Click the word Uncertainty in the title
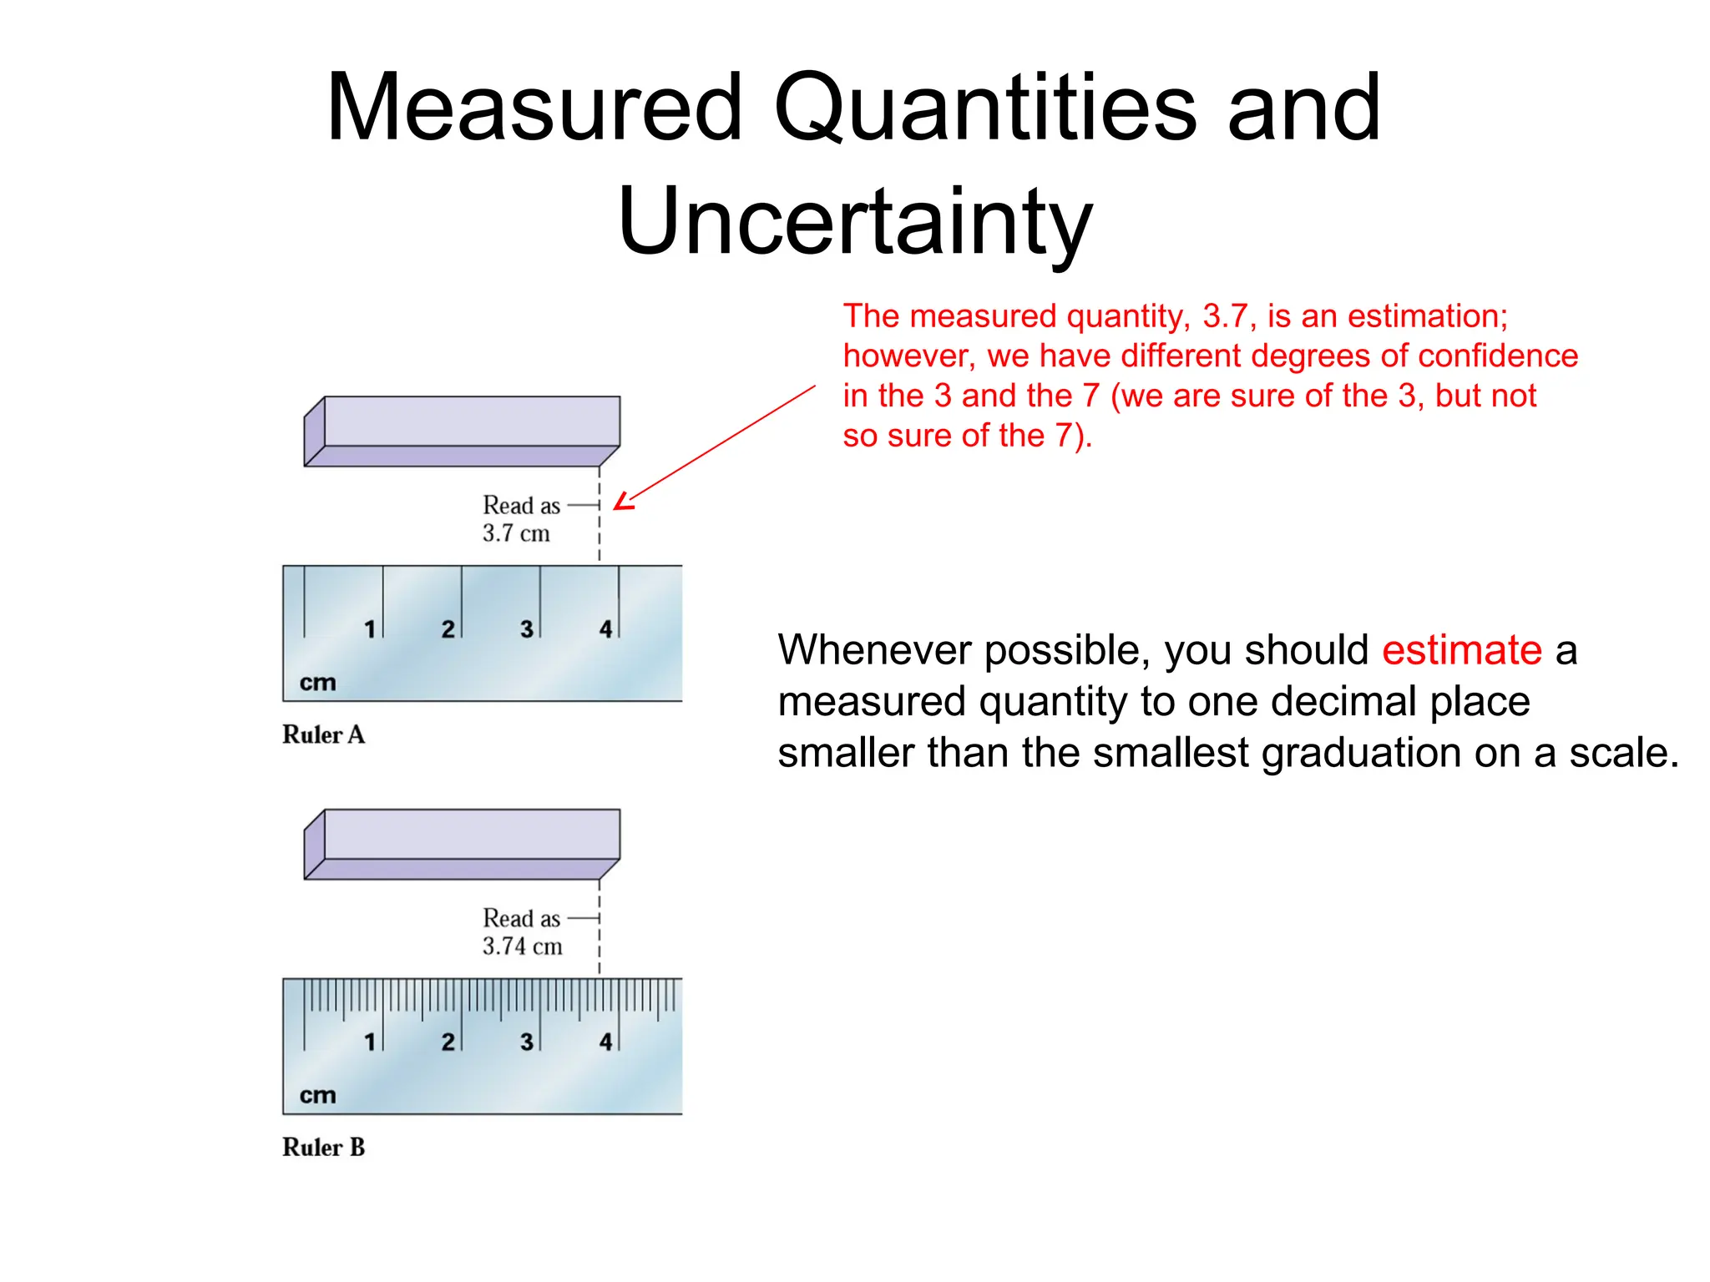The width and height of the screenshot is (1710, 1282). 854,221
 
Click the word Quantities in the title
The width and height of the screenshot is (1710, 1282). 985,109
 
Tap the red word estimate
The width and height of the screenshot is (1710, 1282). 1461,650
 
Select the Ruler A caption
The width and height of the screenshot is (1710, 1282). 323,734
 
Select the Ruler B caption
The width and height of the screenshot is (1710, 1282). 323,1148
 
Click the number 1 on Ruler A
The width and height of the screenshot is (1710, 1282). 370,629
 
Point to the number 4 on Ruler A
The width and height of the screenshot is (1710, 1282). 606,629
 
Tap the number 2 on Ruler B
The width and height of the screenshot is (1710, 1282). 448,1042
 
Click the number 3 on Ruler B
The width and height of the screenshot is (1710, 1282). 527,1042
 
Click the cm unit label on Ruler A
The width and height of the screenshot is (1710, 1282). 317,683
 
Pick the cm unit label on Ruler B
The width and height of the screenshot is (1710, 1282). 317,1095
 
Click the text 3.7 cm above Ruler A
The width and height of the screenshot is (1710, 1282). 516,533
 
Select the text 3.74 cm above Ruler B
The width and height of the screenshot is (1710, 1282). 522,946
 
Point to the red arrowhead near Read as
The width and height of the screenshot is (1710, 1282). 622,502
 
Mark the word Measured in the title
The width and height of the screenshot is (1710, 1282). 534,109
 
